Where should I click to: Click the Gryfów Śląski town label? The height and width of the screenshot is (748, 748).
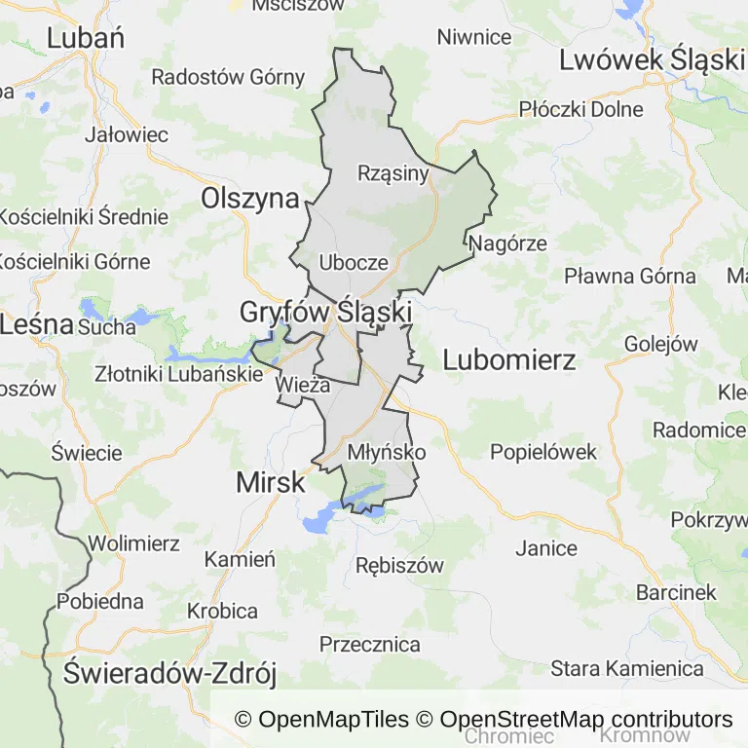click(x=326, y=313)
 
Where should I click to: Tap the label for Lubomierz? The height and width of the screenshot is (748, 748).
click(x=509, y=359)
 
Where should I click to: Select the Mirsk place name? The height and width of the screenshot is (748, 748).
click(x=271, y=482)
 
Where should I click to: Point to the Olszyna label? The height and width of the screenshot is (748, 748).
click(x=250, y=199)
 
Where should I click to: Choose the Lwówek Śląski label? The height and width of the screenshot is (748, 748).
click(x=651, y=59)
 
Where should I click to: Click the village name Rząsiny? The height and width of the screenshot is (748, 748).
click(x=393, y=173)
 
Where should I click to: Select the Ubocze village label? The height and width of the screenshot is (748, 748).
click(x=354, y=262)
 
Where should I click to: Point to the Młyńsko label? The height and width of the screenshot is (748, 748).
click(x=387, y=452)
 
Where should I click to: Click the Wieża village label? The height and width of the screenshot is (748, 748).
click(x=298, y=385)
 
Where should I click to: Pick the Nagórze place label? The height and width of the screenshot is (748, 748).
click(x=507, y=243)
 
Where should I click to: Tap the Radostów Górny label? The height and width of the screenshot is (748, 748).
click(x=228, y=76)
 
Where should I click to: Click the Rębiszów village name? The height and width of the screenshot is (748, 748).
click(x=399, y=565)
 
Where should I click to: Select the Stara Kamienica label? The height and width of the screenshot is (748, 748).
click(x=627, y=668)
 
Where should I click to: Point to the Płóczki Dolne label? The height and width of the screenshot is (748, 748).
click(x=581, y=109)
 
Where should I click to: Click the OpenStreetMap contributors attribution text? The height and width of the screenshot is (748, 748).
click(x=585, y=720)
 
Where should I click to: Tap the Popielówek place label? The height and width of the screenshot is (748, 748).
click(x=543, y=452)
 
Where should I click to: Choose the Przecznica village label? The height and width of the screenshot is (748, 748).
click(x=370, y=644)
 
